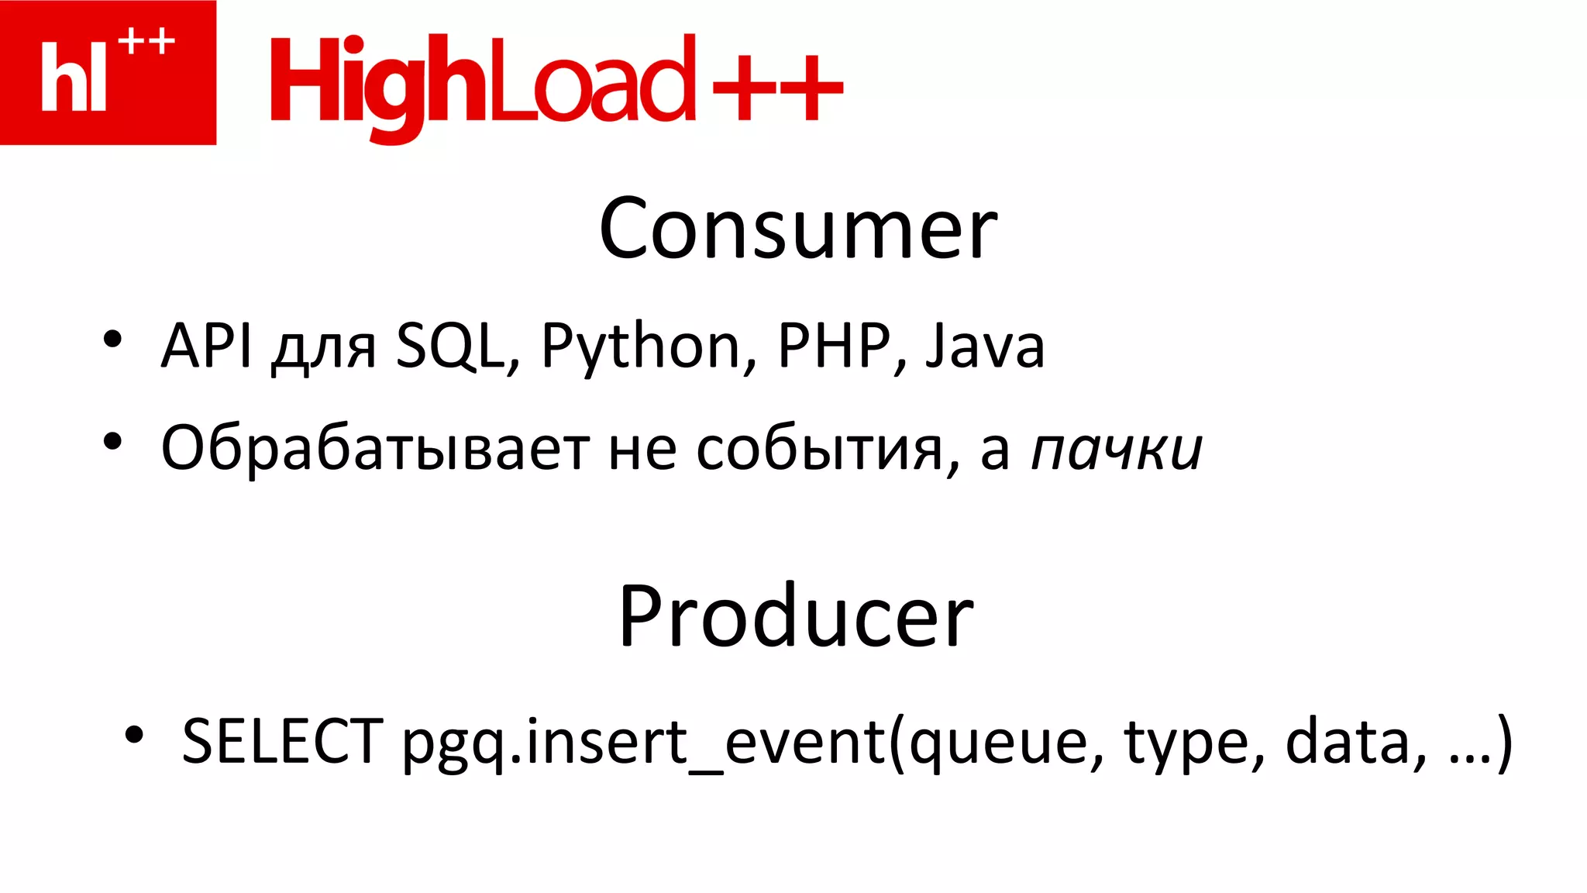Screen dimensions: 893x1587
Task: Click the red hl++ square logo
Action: pos(108,72)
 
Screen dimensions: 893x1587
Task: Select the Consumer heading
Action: pos(797,229)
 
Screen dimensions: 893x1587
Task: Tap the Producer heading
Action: pos(796,615)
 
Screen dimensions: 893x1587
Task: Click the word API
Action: pos(206,345)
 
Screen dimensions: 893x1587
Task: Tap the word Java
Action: pos(985,347)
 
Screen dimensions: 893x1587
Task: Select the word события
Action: pos(821,450)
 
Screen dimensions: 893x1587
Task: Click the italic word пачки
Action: pos(1117,450)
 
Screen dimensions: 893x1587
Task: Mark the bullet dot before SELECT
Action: pos(134,733)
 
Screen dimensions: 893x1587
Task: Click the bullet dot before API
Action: pos(113,339)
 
